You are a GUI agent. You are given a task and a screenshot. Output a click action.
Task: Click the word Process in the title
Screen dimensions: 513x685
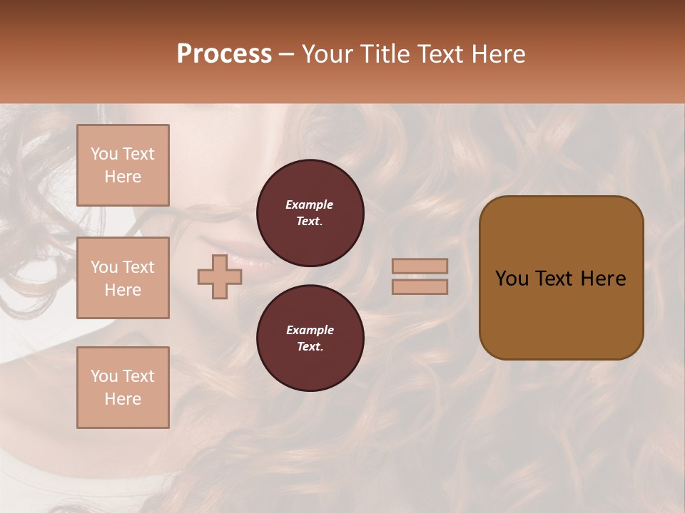(224, 54)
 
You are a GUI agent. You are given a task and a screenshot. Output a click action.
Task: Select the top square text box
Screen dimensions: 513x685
(123, 165)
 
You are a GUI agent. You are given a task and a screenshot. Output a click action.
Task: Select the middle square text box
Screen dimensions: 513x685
(123, 278)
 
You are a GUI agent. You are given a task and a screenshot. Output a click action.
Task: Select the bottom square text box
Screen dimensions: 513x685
(123, 388)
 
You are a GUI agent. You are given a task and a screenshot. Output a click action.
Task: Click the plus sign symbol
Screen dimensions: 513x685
(220, 277)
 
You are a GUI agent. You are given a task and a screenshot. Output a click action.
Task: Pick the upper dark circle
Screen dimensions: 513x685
(310, 213)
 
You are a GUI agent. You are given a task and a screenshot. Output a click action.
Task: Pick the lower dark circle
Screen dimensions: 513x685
(310, 338)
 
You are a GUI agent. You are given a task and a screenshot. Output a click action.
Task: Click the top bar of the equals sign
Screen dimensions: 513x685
(420, 266)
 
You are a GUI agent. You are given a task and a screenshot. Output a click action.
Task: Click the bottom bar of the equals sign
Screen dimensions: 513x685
(420, 287)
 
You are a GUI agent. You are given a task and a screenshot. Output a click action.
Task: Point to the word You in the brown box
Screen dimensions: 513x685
(512, 279)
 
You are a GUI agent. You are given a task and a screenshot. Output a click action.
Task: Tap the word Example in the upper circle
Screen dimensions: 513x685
(310, 204)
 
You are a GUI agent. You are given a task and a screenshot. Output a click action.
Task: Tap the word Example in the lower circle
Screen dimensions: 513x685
(310, 330)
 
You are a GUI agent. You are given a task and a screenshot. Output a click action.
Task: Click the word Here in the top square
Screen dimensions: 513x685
(123, 177)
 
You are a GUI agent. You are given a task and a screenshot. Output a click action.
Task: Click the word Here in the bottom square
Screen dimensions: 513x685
(123, 399)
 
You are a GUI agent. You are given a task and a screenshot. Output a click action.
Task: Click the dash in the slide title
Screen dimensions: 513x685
(286, 54)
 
